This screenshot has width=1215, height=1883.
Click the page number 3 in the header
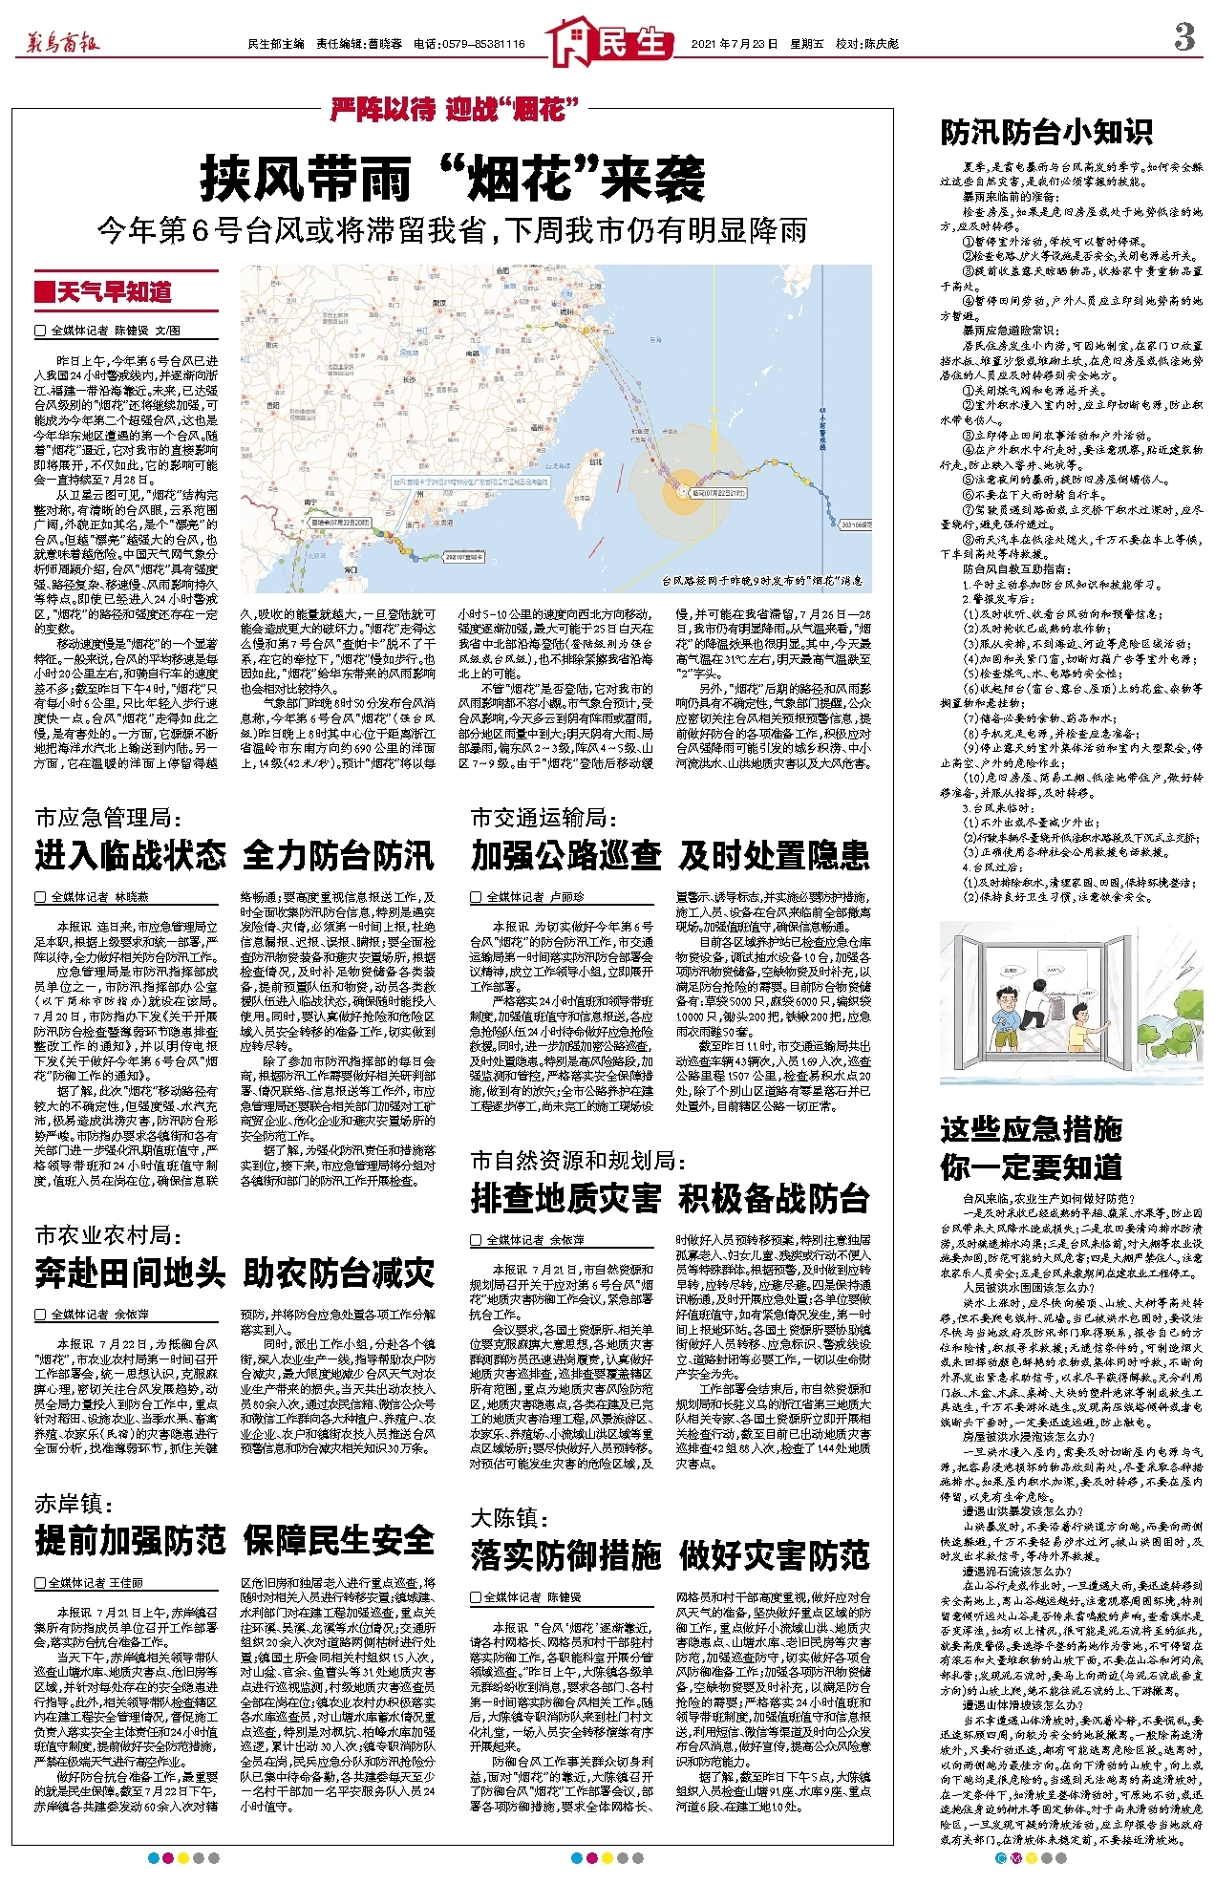pyautogui.click(x=1183, y=38)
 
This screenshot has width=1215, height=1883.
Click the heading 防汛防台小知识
pyautogui.click(x=1046, y=132)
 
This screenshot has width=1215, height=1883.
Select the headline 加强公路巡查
pyautogui.click(x=565, y=855)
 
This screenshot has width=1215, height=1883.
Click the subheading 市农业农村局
pyautogui.click(x=108, y=1235)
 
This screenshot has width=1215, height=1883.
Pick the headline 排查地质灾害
pyautogui.click(x=565, y=1198)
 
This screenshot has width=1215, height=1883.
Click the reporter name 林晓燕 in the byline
pyautogui.click(x=131, y=897)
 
